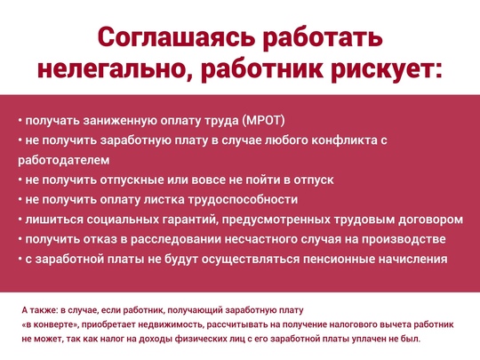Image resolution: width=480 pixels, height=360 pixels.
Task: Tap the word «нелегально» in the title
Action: click(114, 70)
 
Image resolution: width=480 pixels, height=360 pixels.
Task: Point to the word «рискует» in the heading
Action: click(383, 71)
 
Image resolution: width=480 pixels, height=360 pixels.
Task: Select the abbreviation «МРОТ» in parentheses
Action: click(263, 121)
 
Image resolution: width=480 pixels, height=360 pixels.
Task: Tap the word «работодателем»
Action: click(64, 160)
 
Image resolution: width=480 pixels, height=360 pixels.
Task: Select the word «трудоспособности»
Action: click(243, 200)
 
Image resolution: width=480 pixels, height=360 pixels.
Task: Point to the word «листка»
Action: click(164, 200)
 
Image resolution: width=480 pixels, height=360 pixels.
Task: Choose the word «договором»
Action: click(431, 220)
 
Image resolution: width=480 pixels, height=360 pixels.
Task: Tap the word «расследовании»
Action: click(176, 240)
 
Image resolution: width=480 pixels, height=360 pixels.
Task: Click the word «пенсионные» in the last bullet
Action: click(340, 260)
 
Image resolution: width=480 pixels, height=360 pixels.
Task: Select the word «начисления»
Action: click(413, 260)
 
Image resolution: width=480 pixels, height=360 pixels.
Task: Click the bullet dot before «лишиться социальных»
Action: click(20, 220)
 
